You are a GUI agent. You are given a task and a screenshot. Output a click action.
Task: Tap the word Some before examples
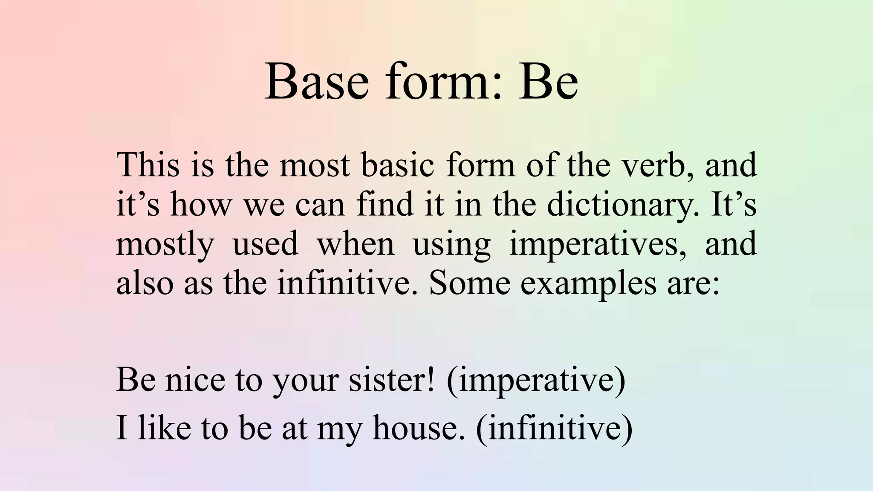pos(469,283)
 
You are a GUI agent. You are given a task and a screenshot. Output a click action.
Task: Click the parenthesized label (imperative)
pos(536,380)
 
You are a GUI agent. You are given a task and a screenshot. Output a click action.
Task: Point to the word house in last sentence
pos(418,428)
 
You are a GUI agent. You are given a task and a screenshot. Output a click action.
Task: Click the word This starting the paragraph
pos(147,165)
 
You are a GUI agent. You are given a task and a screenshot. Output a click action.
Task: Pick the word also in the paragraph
pos(145,283)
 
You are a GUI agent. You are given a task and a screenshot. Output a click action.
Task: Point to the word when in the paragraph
pos(356,244)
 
